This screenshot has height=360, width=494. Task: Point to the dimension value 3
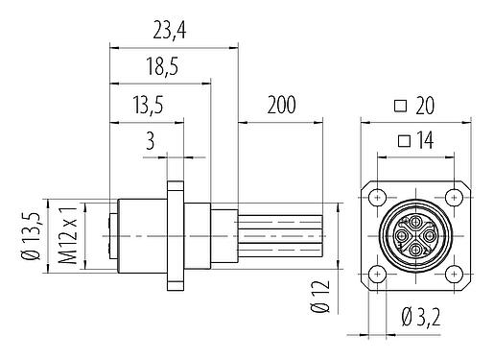(x=149, y=141)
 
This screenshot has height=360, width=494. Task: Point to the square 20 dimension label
(x=414, y=107)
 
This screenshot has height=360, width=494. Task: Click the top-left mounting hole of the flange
(x=379, y=198)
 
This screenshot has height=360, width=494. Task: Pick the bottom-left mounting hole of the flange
(x=379, y=274)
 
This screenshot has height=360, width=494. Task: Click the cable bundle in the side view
(x=283, y=236)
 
